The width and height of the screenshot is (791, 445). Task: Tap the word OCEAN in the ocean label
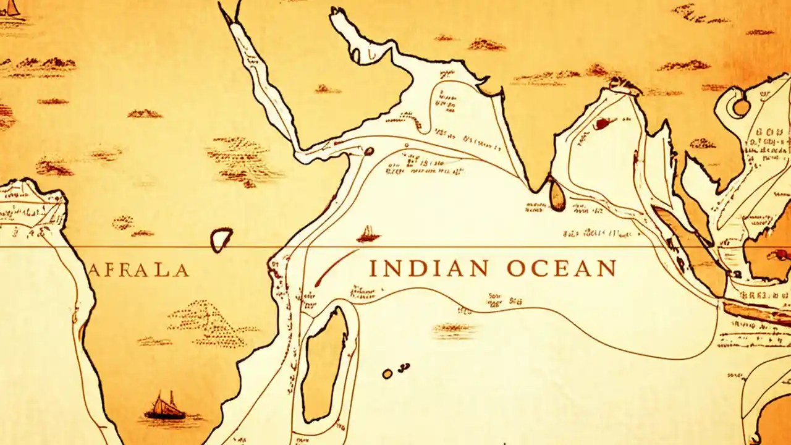tap(561, 269)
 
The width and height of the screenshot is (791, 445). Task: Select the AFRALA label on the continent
tap(138, 270)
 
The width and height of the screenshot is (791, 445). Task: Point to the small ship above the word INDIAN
tap(368, 234)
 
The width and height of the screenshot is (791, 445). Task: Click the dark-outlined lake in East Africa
tap(221, 239)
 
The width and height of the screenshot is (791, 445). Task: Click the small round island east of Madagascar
tap(387, 373)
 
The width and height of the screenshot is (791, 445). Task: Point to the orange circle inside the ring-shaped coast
tap(741, 107)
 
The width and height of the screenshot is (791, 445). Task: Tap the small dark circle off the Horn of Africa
tap(369, 151)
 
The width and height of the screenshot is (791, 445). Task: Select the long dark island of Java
tap(757, 313)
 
